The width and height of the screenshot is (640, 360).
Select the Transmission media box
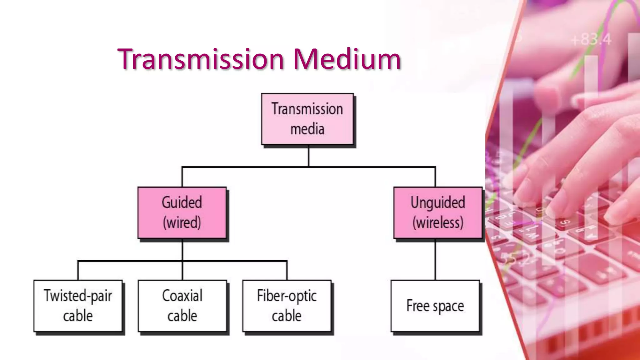tap(307, 119)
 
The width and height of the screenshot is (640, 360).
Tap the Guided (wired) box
tap(182, 212)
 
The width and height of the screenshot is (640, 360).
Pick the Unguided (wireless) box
tap(437, 212)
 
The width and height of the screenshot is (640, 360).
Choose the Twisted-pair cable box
tap(78, 306)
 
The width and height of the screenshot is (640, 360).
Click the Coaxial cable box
tap(182, 306)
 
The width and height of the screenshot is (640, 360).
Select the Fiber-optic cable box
tap(287, 306)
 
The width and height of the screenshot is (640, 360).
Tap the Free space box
tap(435, 306)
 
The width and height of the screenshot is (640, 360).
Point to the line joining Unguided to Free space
tap(435, 259)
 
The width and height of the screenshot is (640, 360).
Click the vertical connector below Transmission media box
tap(309, 156)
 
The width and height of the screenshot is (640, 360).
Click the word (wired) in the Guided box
tap(182, 223)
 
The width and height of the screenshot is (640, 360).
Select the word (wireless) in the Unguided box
tap(438, 223)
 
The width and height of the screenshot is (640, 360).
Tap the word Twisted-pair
tap(78, 296)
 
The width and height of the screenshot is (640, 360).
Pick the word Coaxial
tap(182, 296)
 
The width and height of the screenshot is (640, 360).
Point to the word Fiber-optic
tap(287, 296)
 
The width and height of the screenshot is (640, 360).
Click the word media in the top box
tap(307, 129)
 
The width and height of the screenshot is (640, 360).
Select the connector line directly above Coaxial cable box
tap(182, 271)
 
